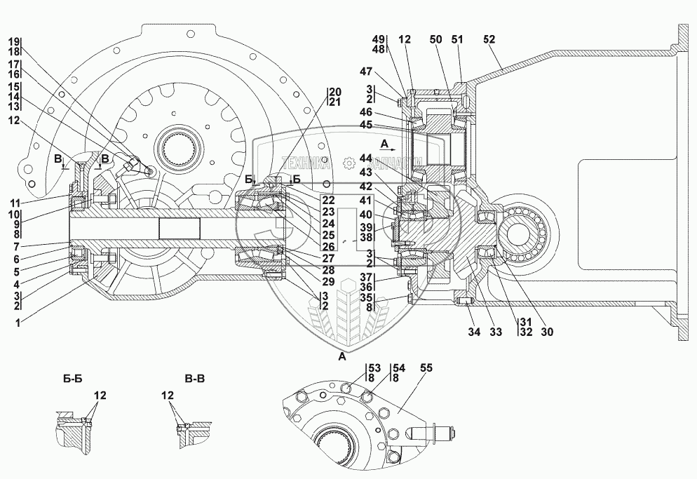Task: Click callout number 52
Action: pyautogui.click(x=489, y=39)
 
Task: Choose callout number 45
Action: pyautogui.click(x=386, y=126)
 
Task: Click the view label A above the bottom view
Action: pyautogui.click(x=343, y=357)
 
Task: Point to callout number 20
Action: pyautogui.click(x=335, y=93)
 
